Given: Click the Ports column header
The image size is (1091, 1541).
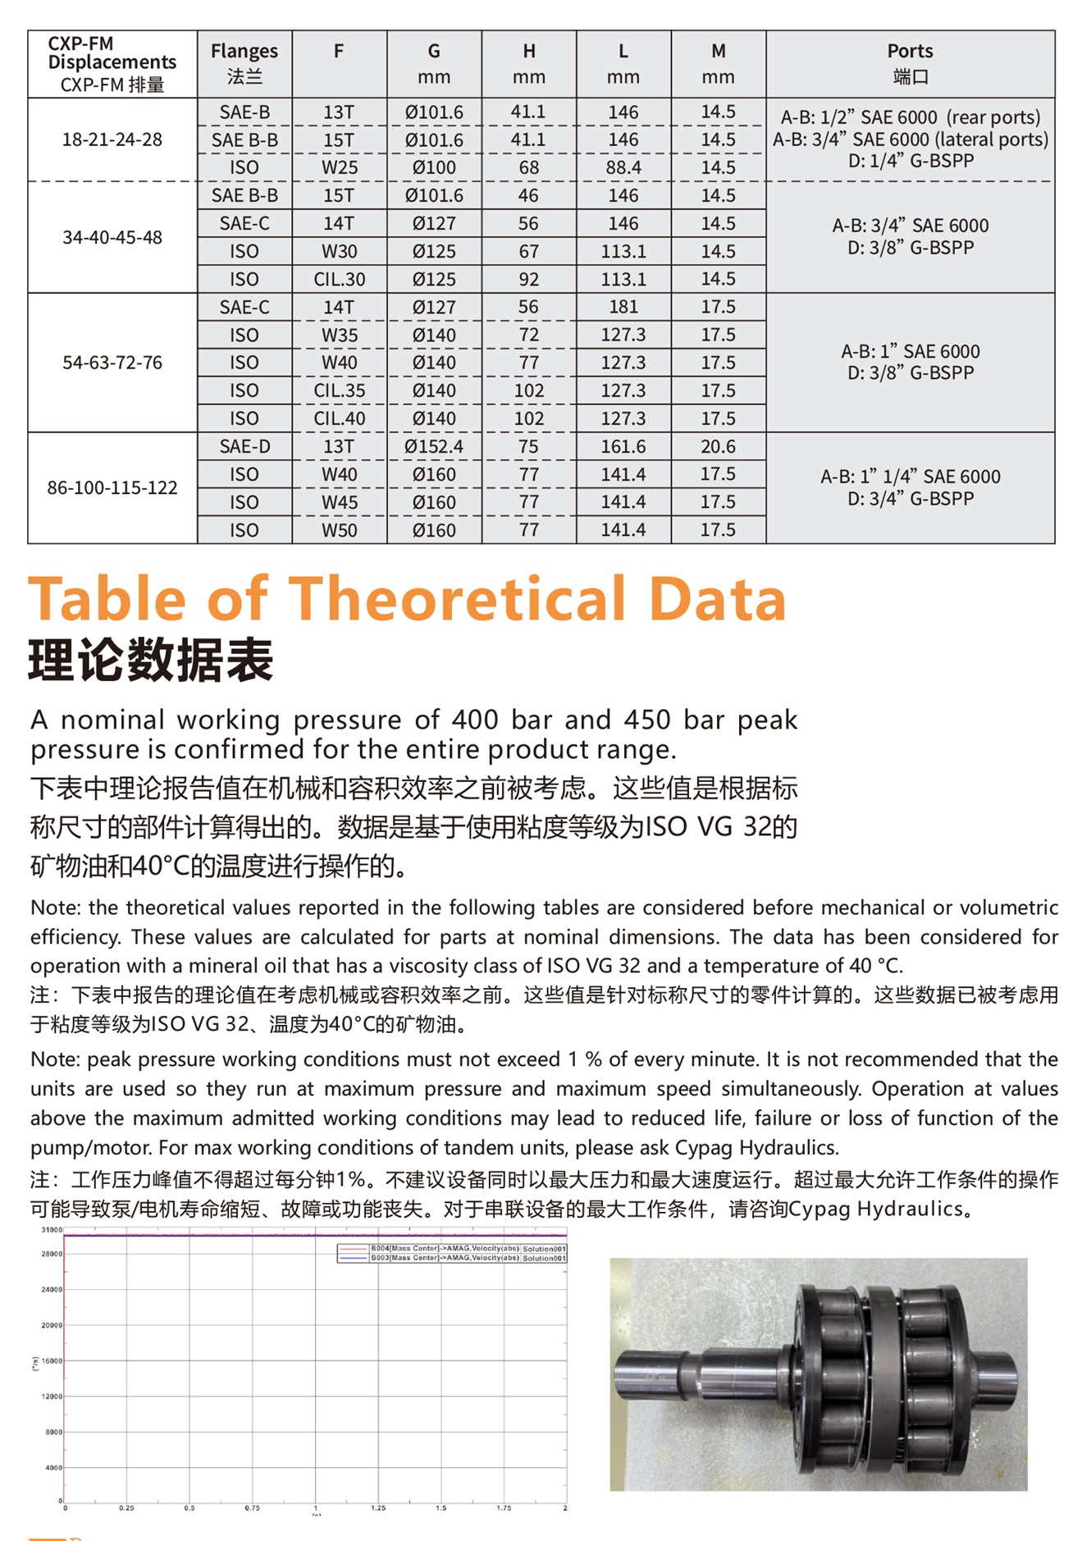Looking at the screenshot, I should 910,63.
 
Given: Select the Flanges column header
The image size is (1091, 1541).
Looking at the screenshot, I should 244,63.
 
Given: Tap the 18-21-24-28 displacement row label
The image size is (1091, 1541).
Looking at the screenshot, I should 112,139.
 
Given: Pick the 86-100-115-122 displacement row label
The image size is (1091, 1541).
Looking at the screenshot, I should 112,487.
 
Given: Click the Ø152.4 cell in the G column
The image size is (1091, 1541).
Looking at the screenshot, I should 434,446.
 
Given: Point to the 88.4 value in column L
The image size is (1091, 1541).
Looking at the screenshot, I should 623,167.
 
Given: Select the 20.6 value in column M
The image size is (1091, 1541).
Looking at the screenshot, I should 718,446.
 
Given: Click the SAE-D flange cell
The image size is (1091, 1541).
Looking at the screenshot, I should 244,446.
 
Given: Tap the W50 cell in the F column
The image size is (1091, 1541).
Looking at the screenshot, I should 339,530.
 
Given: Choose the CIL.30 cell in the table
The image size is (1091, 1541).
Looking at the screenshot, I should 339,279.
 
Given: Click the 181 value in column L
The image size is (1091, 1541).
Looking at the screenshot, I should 623,307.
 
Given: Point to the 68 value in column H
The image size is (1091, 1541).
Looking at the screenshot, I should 528,167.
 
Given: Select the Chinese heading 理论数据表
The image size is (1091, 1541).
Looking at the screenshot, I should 151,661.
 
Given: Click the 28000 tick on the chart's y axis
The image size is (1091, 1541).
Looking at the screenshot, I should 52,1254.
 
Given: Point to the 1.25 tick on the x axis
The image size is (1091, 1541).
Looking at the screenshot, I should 378,1508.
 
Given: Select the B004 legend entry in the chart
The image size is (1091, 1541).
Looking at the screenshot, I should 451,1248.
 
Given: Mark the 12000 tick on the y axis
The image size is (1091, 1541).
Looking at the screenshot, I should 52,1397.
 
